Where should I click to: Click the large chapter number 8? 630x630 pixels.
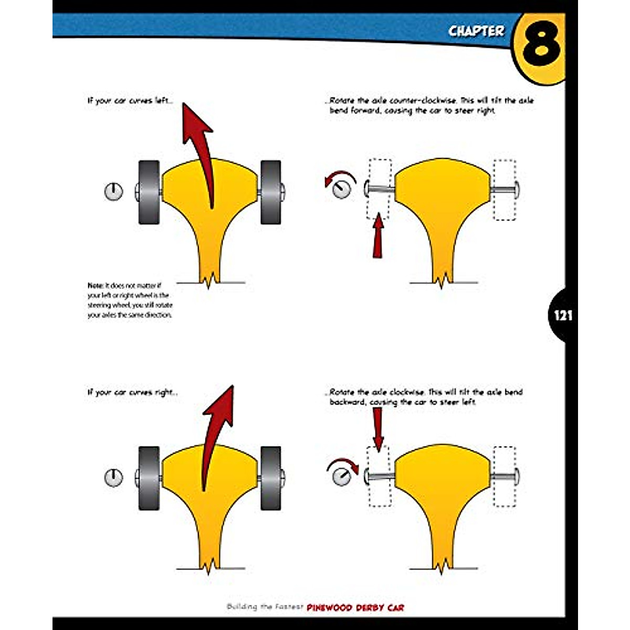click(541, 46)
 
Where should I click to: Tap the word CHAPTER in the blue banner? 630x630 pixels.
click(476, 31)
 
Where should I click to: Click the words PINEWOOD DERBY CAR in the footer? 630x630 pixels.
click(355, 607)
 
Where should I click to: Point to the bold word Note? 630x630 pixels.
click(95, 286)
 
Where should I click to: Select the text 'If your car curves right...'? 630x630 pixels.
click(132, 392)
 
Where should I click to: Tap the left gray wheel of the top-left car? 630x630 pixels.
click(149, 192)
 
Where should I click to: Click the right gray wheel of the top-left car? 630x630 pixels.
click(270, 192)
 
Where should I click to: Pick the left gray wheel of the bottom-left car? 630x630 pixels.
click(149, 478)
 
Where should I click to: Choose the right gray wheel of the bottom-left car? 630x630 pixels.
click(270, 478)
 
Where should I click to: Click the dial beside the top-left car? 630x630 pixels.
click(113, 192)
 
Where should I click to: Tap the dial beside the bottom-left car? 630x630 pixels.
click(113, 477)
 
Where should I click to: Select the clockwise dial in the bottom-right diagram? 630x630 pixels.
click(342, 477)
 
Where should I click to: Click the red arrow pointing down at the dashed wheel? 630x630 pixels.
click(378, 428)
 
